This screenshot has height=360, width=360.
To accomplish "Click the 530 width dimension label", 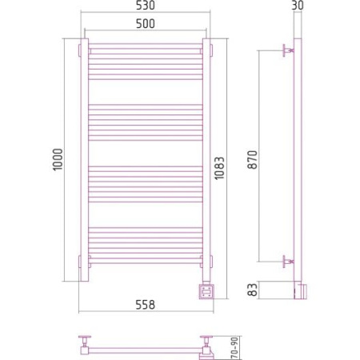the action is tap(146, 6).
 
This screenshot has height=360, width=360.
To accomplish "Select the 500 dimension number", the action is tap(146, 24).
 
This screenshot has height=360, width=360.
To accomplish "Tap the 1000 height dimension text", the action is tap(58, 160).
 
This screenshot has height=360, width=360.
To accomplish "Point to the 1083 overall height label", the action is tap(220, 168).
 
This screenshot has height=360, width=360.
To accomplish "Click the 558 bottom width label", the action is tap(146, 305).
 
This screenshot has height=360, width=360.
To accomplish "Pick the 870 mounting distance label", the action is tap(253, 160).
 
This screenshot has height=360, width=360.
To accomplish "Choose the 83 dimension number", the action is tap(253, 290).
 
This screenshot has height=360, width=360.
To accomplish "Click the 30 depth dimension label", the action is tap(298, 5).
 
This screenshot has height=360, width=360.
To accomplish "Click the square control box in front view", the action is tap(206, 291).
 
